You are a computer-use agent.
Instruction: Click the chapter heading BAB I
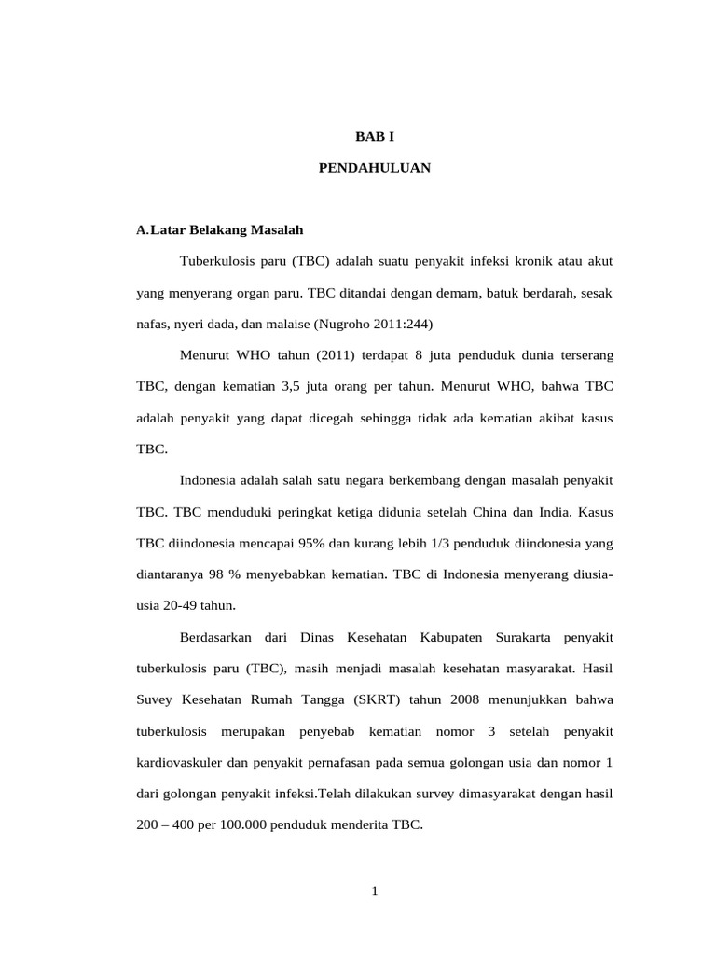coord(375,136)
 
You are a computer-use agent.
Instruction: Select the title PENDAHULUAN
coord(375,169)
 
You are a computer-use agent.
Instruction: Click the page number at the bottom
coord(375,892)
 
